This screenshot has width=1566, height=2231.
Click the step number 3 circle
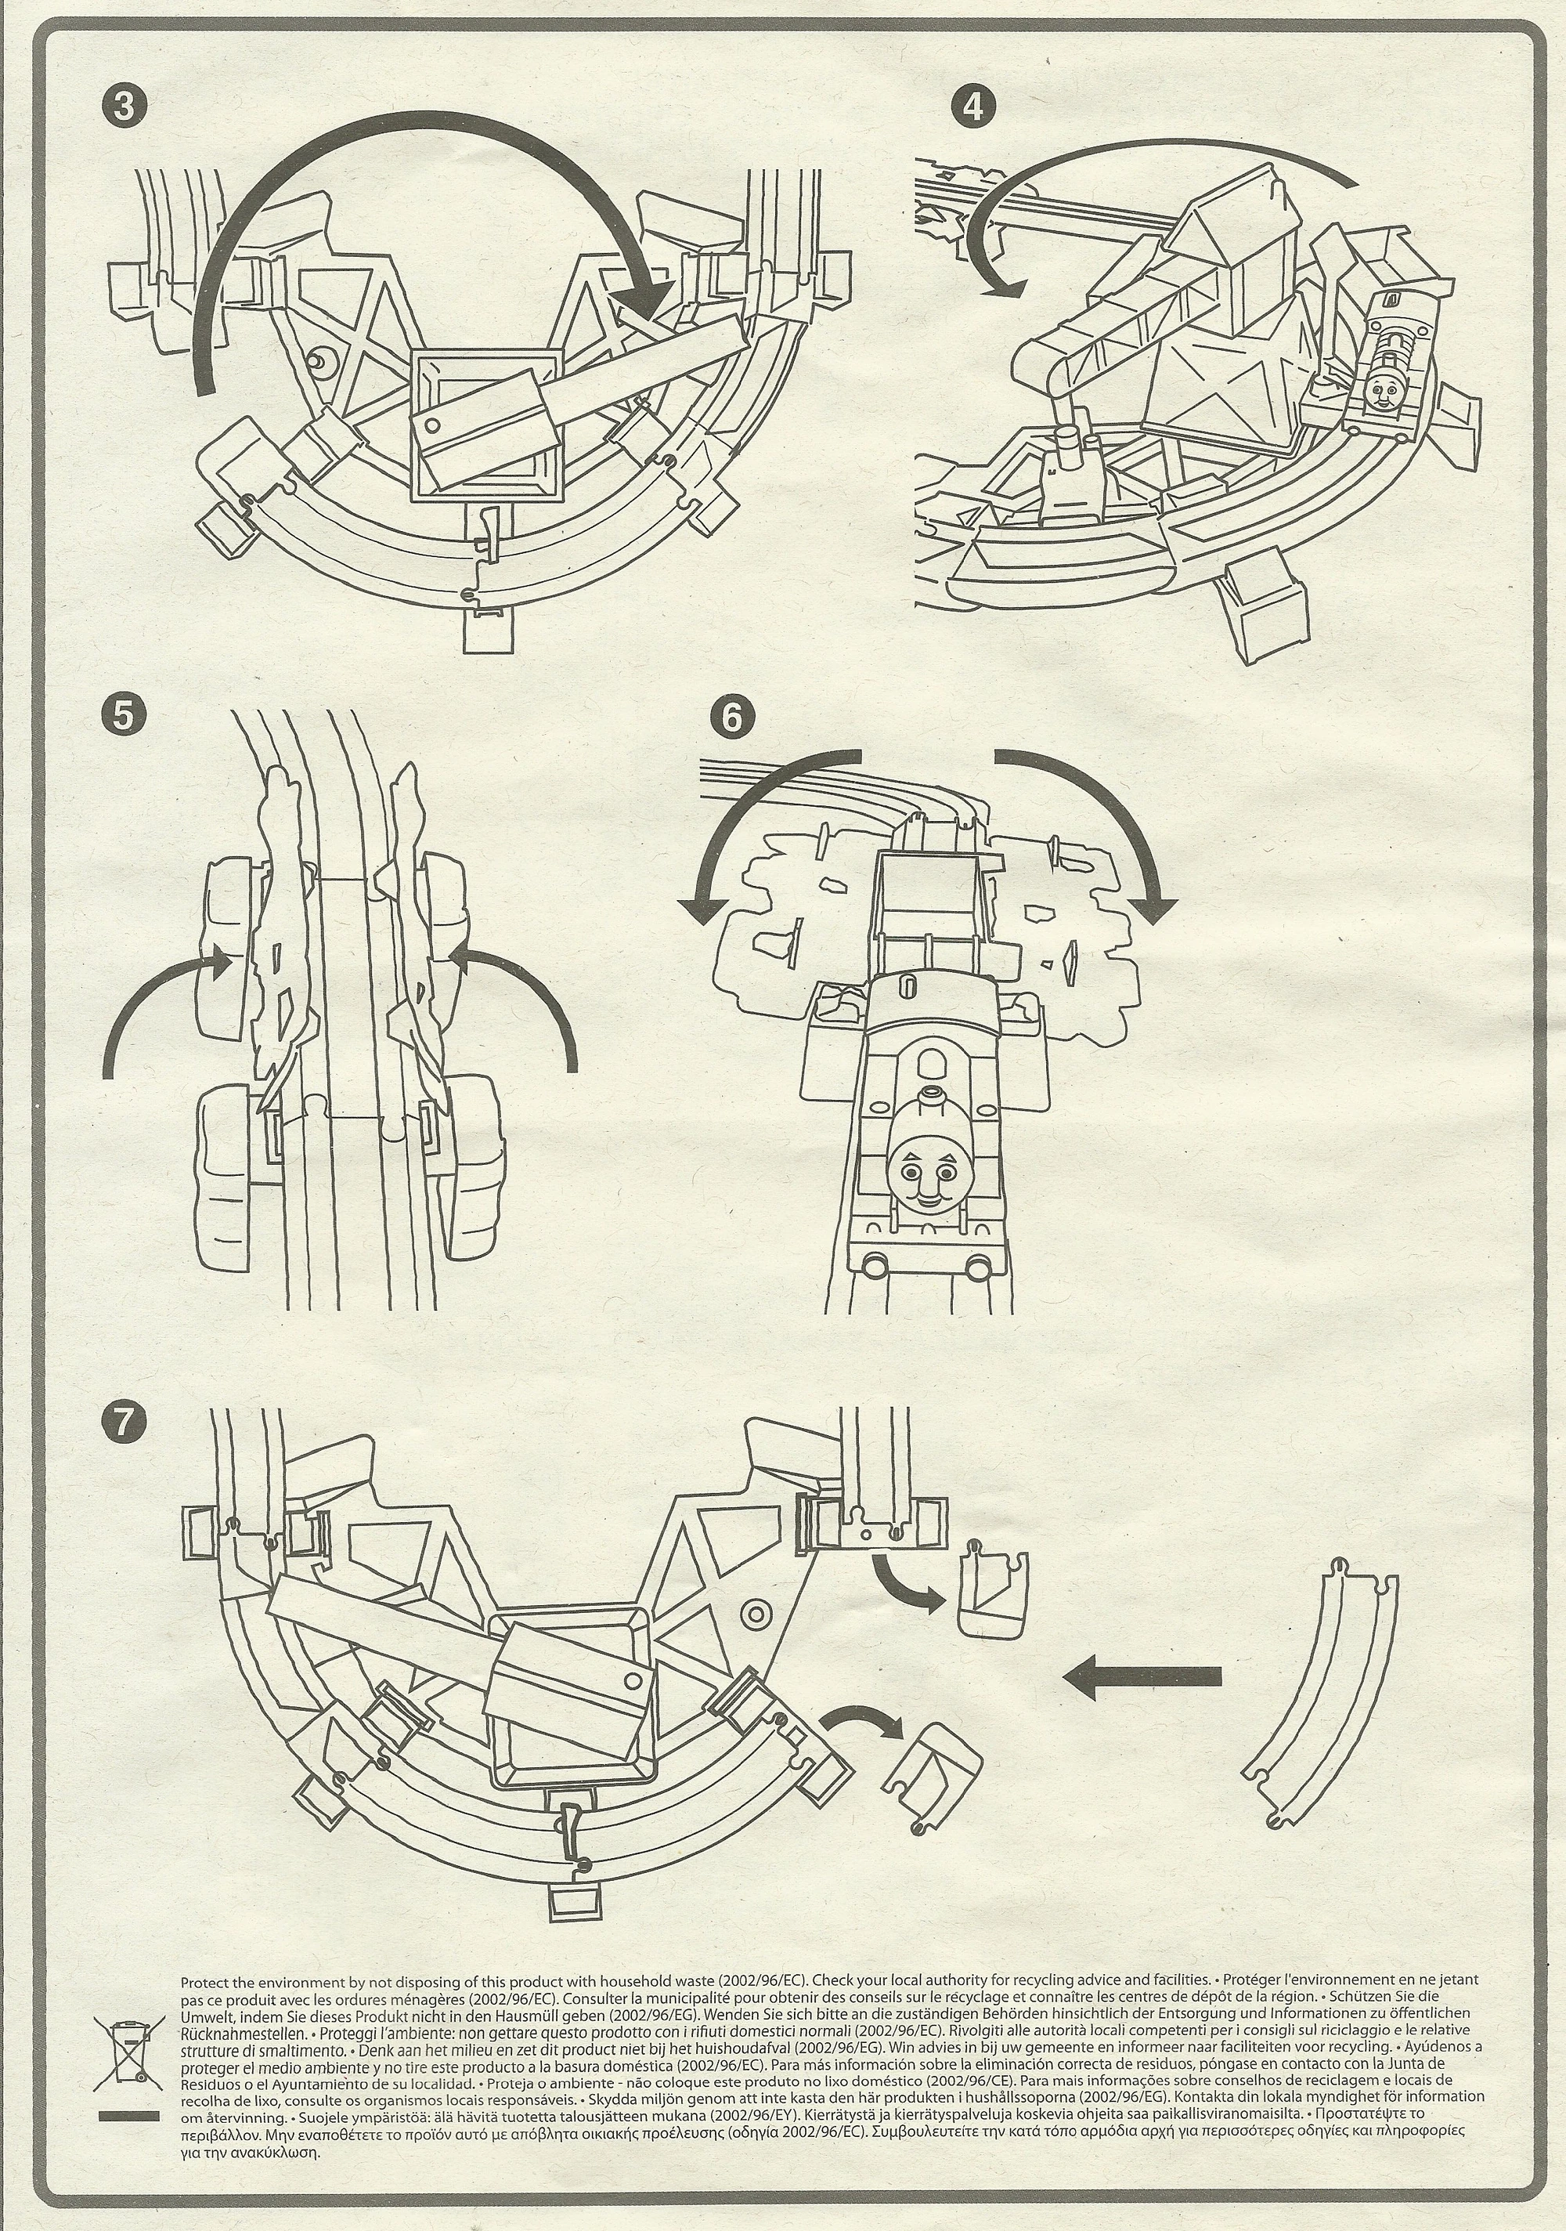(124, 105)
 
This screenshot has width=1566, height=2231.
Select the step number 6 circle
(731, 716)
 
